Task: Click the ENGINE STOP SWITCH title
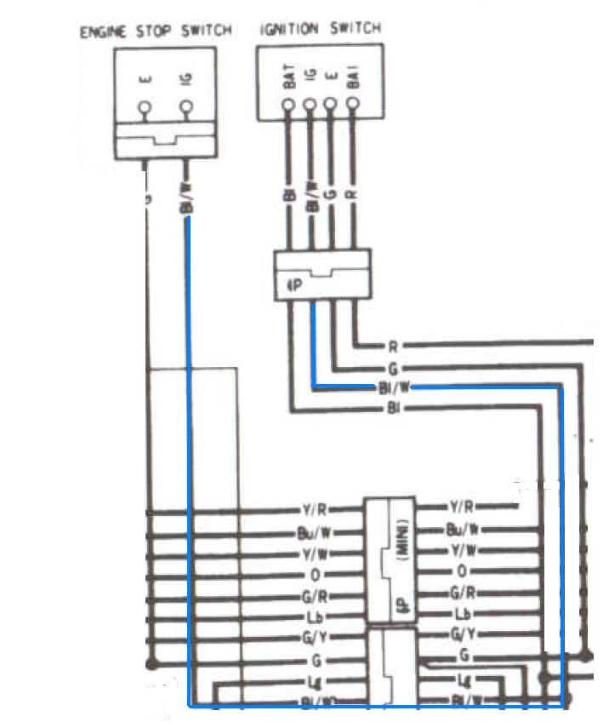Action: (x=156, y=32)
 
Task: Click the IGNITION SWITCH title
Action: (x=319, y=29)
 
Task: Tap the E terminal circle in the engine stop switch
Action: (x=145, y=108)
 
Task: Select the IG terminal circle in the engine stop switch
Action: (x=186, y=108)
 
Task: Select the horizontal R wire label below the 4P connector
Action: (x=391, y=346)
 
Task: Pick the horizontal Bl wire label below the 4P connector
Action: (x=392, y=410)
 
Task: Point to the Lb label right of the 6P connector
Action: (x=463, y=613)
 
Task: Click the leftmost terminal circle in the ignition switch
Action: (x=289, y=106)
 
